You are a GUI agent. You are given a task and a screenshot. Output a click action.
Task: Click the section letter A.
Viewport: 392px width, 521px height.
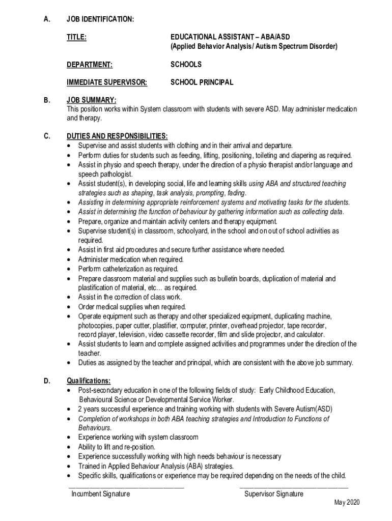coord(47,19)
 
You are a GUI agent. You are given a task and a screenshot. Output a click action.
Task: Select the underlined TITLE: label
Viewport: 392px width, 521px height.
coord(76,37)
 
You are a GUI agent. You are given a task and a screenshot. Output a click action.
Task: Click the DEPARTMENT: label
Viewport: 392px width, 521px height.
coord(90,65)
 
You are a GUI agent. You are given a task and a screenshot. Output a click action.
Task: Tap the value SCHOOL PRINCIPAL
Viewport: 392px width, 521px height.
coord(202,82)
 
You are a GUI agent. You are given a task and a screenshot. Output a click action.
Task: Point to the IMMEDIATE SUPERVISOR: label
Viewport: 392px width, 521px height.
coord(107,82)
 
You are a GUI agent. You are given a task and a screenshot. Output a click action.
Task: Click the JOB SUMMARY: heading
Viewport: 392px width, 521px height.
coord(92,100)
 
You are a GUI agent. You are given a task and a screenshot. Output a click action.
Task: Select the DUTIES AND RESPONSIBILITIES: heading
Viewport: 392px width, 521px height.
coord(117,136)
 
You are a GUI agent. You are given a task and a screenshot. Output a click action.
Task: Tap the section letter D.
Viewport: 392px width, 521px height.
coord(47,381)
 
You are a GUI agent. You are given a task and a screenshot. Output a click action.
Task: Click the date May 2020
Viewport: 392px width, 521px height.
coord(347,503)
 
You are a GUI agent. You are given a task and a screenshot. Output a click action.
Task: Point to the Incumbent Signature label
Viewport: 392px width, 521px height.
coord(100,494)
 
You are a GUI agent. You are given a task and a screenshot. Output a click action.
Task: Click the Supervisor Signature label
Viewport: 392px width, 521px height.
coord(273,494)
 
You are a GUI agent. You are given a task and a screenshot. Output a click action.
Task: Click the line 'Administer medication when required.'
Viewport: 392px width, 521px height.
coord(130,259)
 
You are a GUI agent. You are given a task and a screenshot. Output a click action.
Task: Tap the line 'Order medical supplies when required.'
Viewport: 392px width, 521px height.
coord(132,307)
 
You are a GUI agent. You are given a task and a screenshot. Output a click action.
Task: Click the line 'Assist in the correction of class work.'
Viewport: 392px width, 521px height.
coord(130,297)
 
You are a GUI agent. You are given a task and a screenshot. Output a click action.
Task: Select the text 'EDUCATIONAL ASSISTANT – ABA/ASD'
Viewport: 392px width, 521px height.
coord(230,37)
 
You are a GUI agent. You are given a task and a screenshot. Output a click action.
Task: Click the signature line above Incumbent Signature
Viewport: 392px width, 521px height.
coord(126,487)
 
